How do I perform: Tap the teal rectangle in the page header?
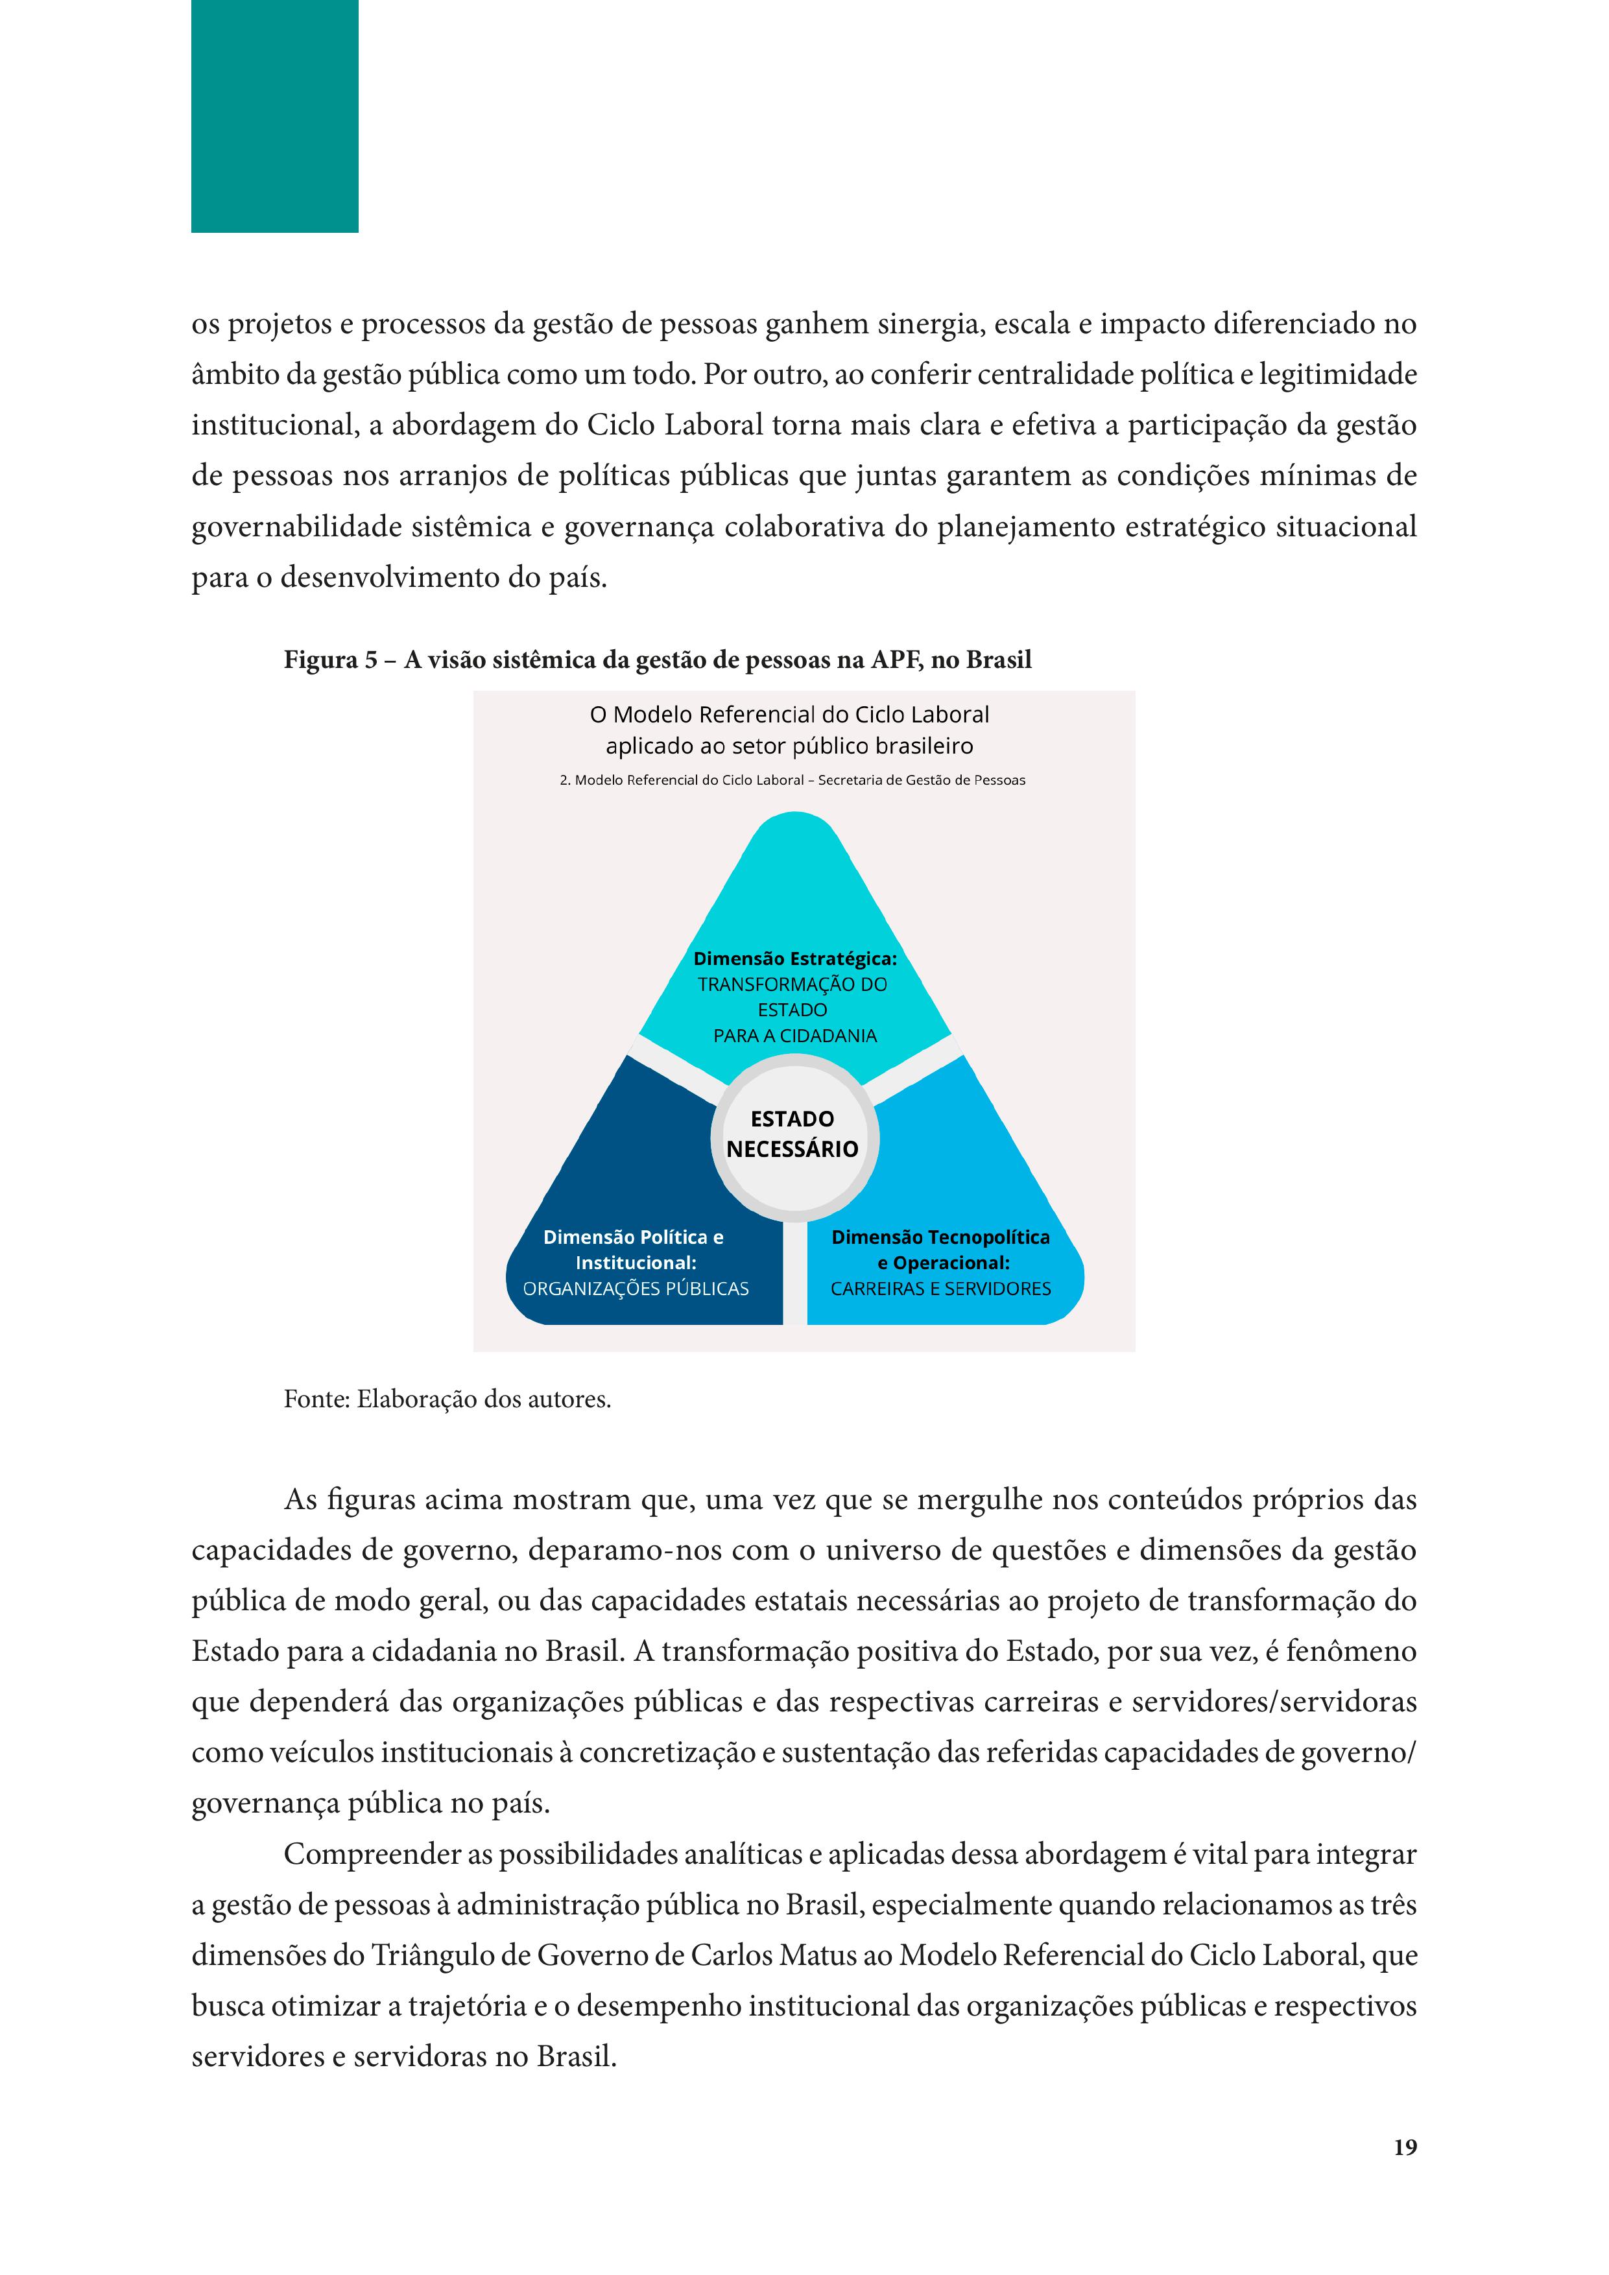point(274,116)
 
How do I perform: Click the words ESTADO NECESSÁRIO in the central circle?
point(792,1134)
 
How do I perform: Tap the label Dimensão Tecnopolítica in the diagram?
point(940,1237)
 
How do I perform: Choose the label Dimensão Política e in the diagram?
point(633,1237)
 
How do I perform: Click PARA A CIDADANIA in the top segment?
point(794,1036)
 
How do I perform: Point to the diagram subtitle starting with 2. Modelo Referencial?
point(792,780)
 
